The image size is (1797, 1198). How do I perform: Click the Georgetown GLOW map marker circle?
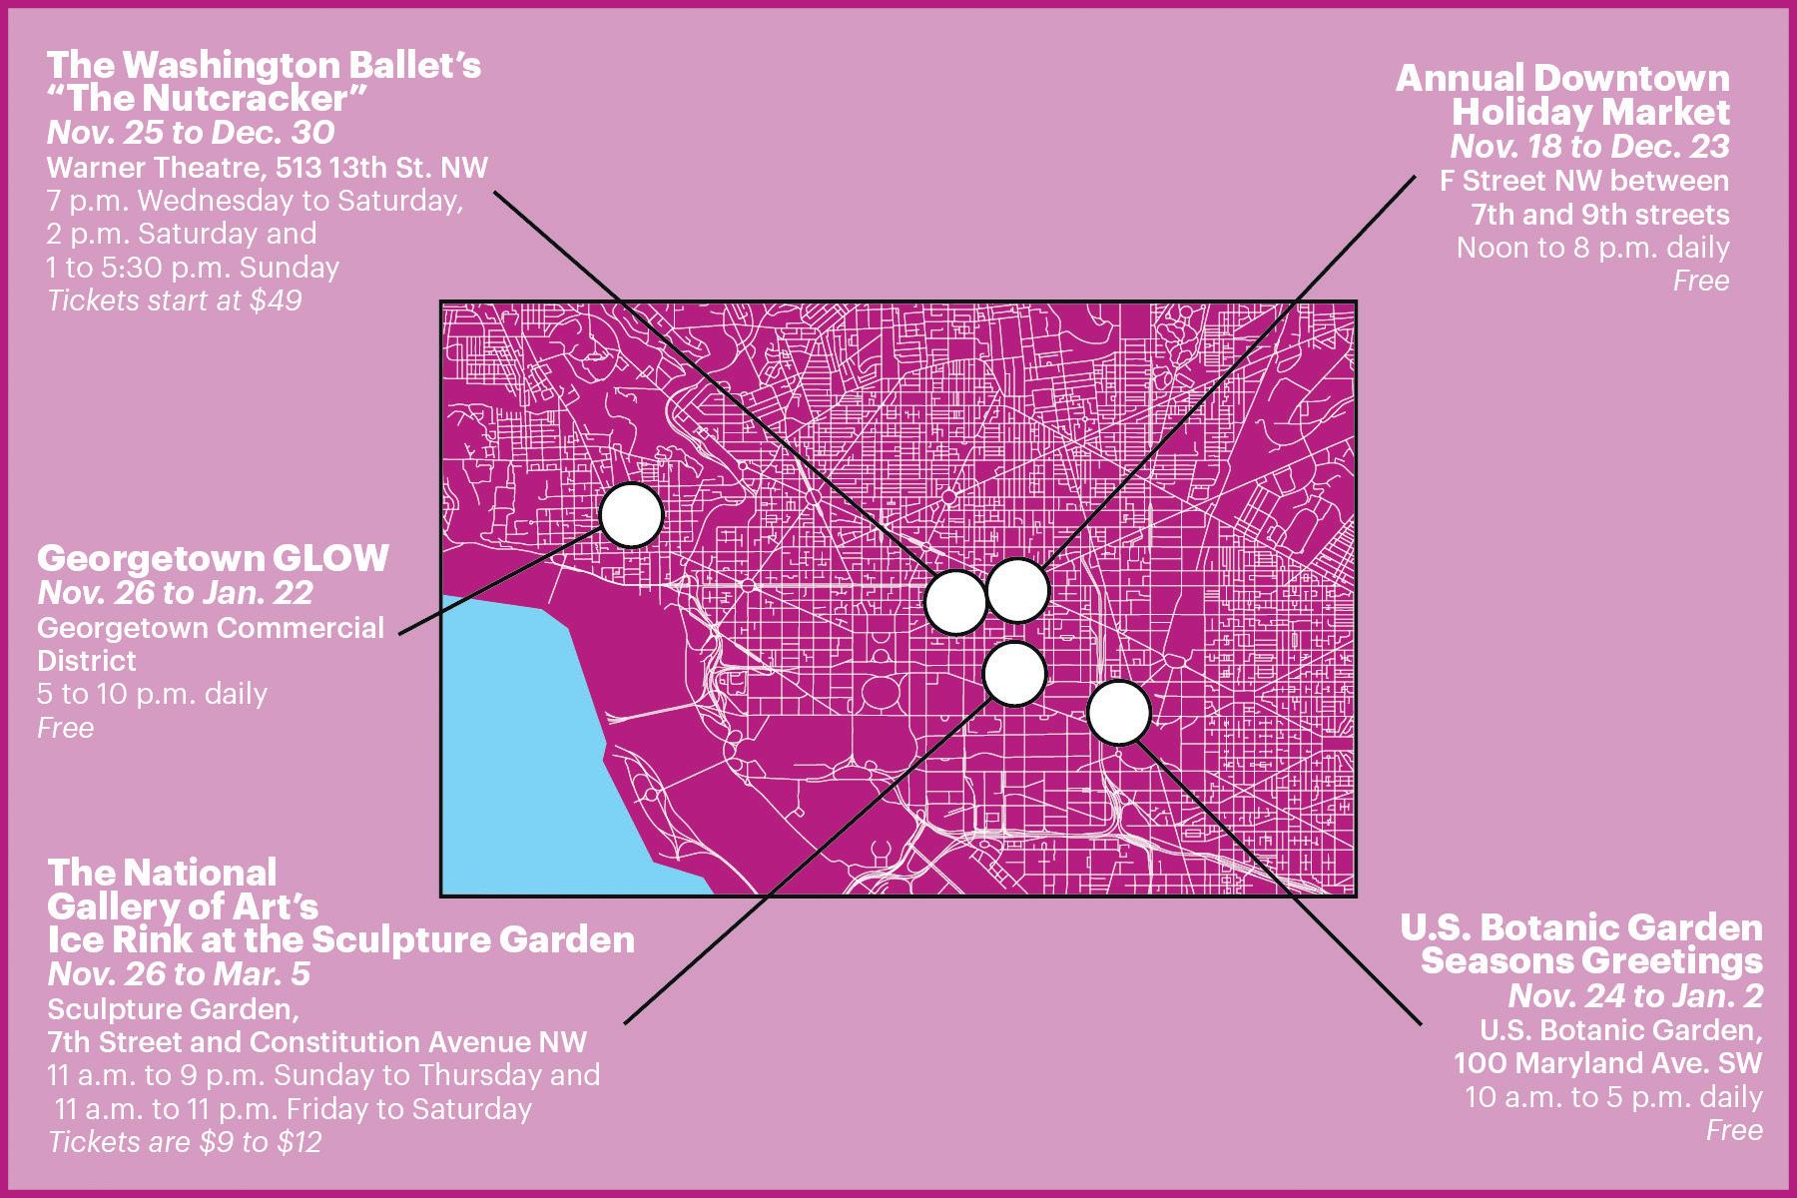(x=632, y=515)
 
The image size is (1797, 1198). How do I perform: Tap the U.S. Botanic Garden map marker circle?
(x=1118, y=713)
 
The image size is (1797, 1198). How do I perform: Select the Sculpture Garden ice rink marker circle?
(x=1014, y=673)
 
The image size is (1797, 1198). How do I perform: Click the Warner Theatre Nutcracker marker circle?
(x=955, y=601)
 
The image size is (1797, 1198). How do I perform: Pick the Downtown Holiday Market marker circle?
(x=1017, y=590)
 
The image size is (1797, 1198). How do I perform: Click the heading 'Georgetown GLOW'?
(x=213, y=558)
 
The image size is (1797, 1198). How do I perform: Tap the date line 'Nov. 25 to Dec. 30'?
(x=191, y=133)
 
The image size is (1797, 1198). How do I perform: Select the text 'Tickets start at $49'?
(x=175, y=299)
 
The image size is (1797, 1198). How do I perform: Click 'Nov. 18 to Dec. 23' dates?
(x=1589, y=147)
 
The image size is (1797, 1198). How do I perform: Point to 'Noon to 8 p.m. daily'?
(x=1592, y=247)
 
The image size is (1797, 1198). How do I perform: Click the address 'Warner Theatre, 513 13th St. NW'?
(x=268, y=167)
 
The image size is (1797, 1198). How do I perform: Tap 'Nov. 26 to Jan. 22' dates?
(x=176, y=593)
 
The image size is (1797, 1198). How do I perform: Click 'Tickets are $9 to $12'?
(x=185, y=1142)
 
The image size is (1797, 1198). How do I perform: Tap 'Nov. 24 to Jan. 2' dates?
(x=1635, y=995)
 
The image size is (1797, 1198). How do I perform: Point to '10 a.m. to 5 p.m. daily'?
(x=1613, y=1096)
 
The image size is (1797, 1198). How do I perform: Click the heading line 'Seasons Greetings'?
(x=1591, y=961)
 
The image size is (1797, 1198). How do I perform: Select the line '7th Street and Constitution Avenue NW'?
(x=317, y=1041)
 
